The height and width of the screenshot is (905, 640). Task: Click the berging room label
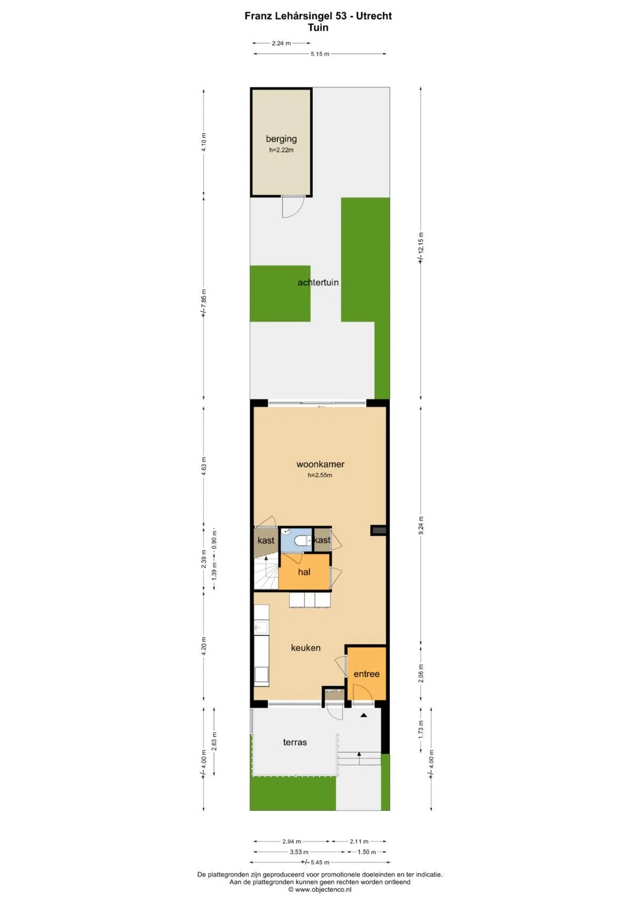click(281, 139)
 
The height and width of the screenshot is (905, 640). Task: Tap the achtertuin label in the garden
click(318, 283)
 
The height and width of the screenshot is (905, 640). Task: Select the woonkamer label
click(321, 464)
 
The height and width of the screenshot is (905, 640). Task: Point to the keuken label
click(306, 648)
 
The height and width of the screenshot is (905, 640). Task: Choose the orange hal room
click(304, 572)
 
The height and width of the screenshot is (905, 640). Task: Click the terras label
click(295, 742)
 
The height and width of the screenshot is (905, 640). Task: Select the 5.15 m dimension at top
click(320, 54)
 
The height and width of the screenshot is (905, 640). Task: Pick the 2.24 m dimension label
click(281, 43)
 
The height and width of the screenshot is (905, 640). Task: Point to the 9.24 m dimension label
click(421, 525)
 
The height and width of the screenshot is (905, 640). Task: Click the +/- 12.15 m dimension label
click(421, 248)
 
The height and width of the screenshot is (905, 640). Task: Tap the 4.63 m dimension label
click(204, 466)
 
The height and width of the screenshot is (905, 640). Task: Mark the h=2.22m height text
click(281, 151)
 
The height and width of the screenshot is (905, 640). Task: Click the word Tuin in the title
click(318, 27)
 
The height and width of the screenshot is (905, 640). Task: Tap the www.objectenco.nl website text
click(320, 889)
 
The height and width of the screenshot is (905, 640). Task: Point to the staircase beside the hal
click(266, 572)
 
